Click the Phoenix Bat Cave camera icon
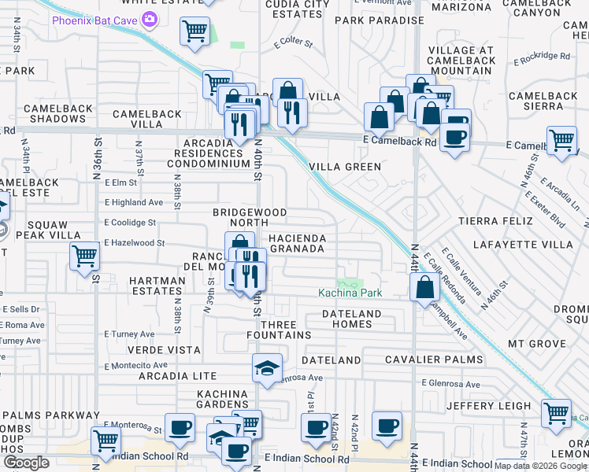(x=146, y=20)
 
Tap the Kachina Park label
(x=350, y=293)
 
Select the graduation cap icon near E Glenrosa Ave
(x=267, y=367)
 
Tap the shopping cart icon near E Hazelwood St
(x=84, y=256)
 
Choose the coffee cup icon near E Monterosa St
(x=180, y=427)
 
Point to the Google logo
(x=25, y=463)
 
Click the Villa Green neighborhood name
(x=345, y=167)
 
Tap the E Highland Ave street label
(x=133, y=202)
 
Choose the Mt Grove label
(x=537, y=344)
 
